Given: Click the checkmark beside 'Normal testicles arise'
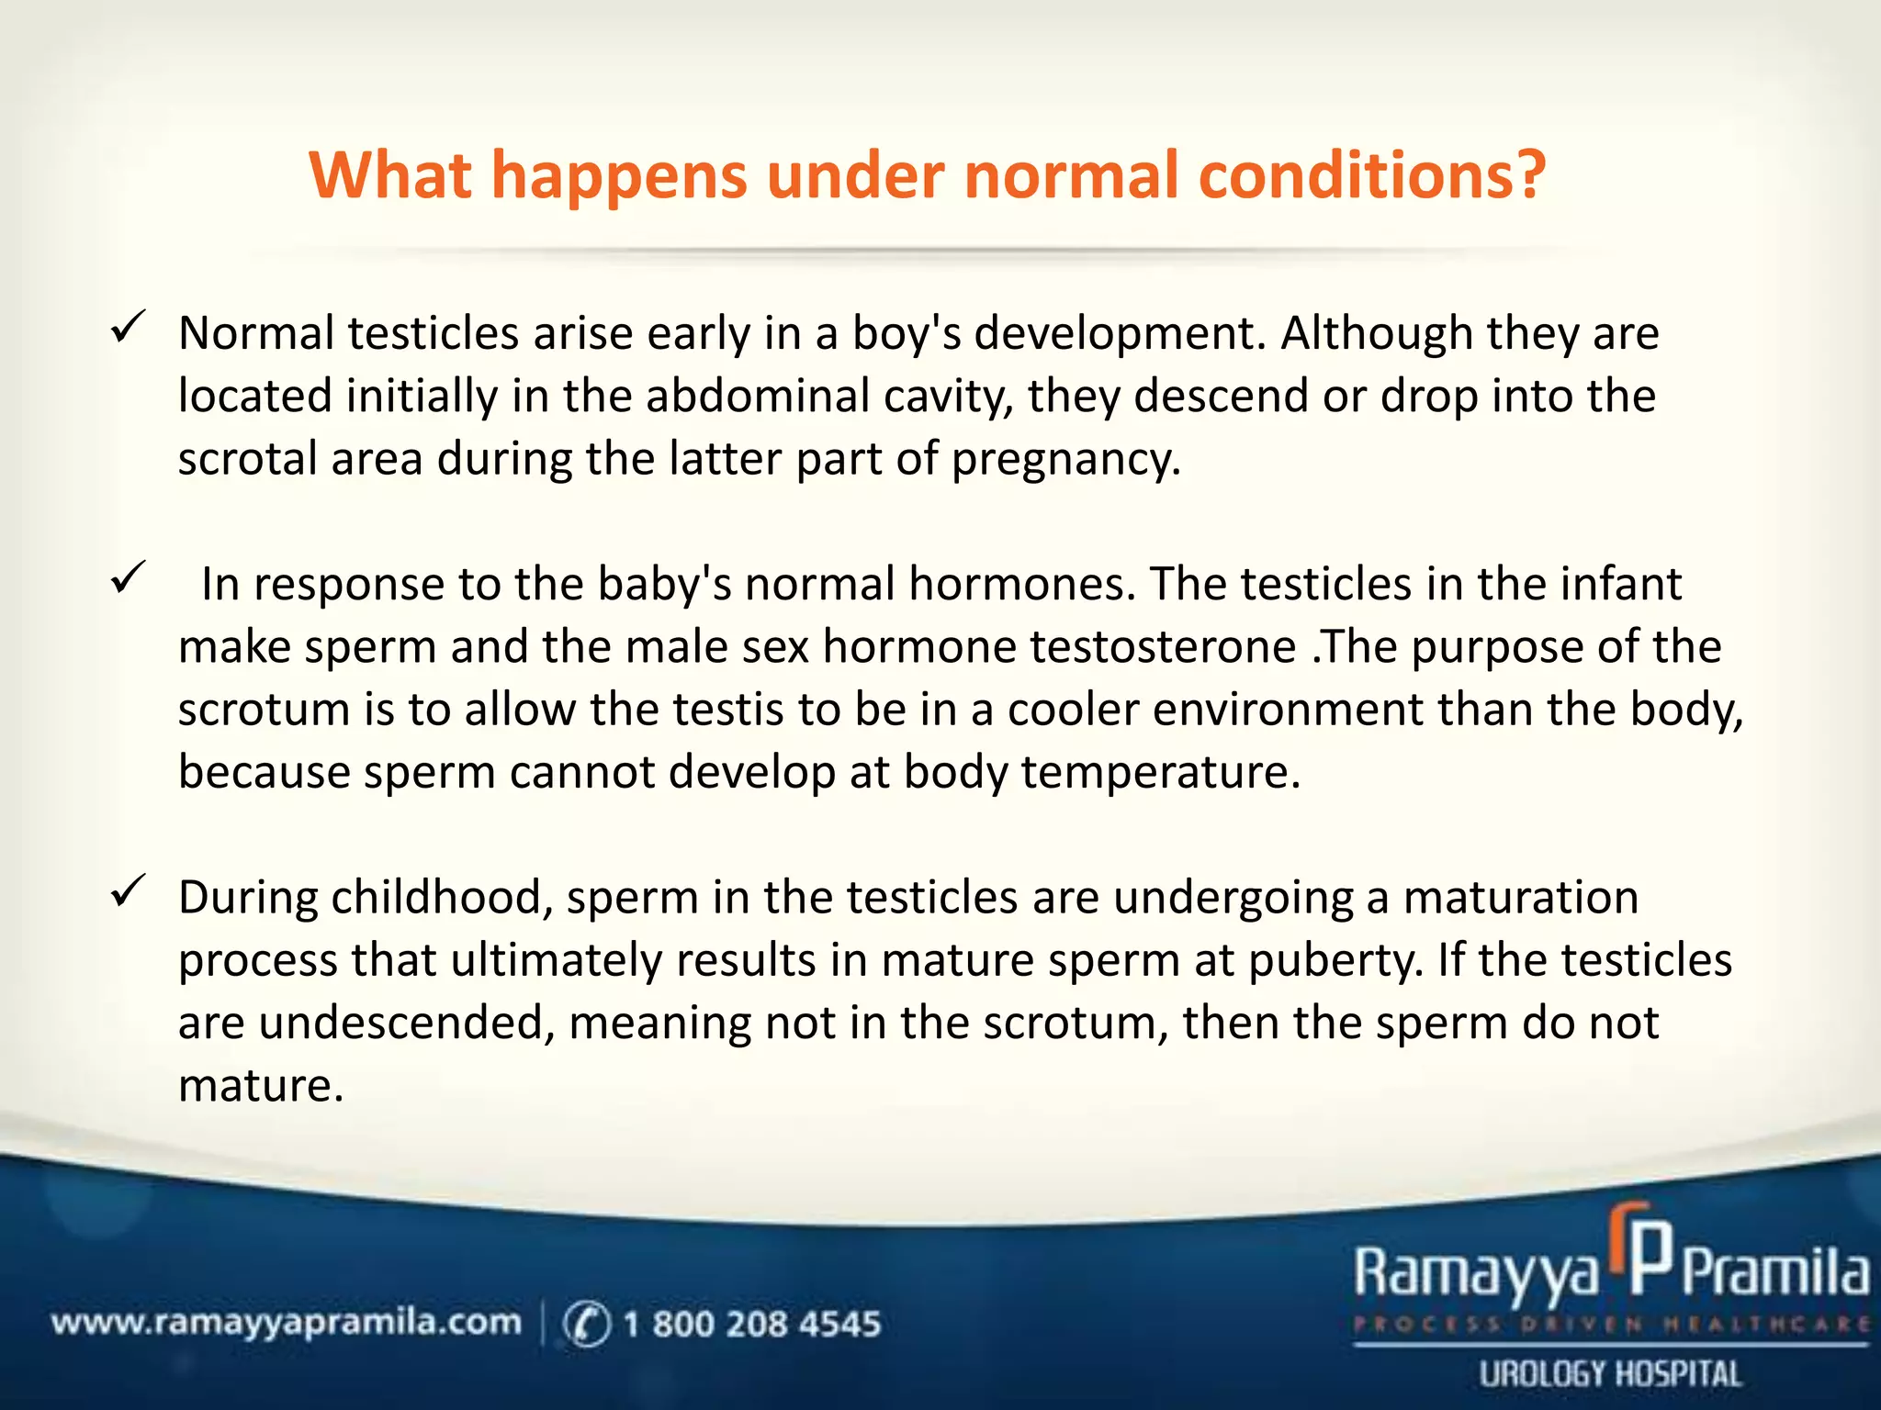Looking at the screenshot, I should pyautogui.click(x=127, y=328).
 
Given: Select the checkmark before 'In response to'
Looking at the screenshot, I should pyautogui.click(x=127, y=578).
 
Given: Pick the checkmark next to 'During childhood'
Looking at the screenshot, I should pyautogui.click(x=127, y=891).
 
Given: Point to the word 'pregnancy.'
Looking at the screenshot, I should pyautogui.click(x=1065, y=459).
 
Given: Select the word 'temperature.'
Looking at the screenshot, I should pyautogui.click(x=1161, y=772).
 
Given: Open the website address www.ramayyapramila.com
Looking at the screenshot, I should pyautogui.click(x=286, y=1323).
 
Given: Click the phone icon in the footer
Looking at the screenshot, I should pyautogui.click(x=586, y=1325).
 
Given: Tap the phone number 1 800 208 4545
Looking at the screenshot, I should pyautogui.click(x=751, y=1324).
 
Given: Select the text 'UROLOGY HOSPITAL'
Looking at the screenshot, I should pyautogui.click(x=1610, y=1374).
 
